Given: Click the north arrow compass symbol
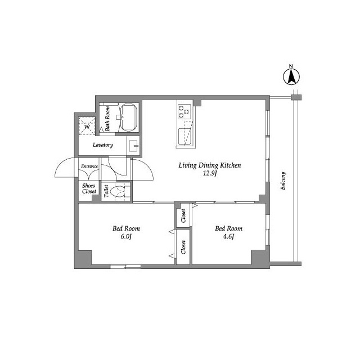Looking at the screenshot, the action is click(x=291, y=77).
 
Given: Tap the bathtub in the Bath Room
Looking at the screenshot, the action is click(x=129, y=118).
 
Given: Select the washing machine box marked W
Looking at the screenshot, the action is click(x=87, y=126).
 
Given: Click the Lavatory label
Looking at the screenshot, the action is click(x=102, y=145).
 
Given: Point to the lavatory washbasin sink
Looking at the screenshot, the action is click(x=133, y=146).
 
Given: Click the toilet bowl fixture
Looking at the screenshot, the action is click(x=117, y=191).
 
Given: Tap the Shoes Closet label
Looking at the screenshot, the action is click(x=89, y=188).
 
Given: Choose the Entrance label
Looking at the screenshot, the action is click(x=89, y=166).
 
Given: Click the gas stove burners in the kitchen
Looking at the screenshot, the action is click(x=184, y=111).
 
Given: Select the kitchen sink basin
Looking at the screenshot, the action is click(x=186, y=136).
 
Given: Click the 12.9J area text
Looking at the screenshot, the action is click(x=210, y=173).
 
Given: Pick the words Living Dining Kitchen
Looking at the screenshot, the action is click(x=210, y=165).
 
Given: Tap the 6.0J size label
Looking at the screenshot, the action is click(x=126, y=236).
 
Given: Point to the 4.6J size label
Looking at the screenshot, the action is click(x=228, y=236).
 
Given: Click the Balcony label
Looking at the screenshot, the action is click(x=283, y=181).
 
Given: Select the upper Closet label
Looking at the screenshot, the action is click(x=183, y=216).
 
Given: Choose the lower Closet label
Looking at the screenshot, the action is click(x=183, y=247).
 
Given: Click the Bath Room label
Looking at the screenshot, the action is click(x=107, y=119).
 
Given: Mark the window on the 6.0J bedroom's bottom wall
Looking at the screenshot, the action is click(x=125, y=267).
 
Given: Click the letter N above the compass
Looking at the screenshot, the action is click(x=291, y=66).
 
